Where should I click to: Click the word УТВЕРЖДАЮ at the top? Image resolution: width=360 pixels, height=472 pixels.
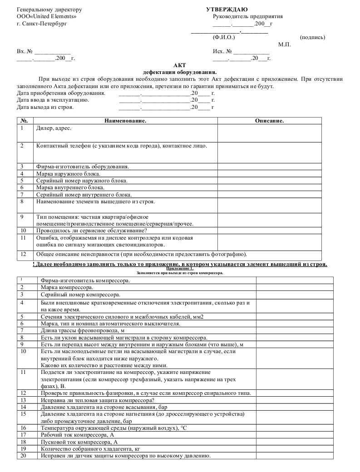pos(227,10)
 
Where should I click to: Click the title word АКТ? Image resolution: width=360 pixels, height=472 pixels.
pos(180,65)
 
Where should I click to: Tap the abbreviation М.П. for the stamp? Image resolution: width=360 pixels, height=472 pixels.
pos(284,44)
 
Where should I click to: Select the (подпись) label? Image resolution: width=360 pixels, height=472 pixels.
pos(312,37)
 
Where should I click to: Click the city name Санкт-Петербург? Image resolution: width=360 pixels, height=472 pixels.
pos(44,24)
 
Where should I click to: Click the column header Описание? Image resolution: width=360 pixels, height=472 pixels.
pos(269,121)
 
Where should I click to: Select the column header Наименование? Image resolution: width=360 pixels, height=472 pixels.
pos(125,121)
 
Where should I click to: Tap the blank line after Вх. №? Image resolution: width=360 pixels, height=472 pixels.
pos(53,51)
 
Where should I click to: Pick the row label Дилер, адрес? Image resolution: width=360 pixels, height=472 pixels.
pos(54,128)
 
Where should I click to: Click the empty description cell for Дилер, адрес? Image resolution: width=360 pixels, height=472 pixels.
pos(269,133)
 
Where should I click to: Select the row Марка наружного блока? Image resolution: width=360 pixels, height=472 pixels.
pos(68,173)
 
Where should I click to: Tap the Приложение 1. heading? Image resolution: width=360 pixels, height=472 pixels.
pos(180,269)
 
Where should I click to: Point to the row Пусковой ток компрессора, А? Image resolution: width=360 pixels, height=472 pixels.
pos(79,441)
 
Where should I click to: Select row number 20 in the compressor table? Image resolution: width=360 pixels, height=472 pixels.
pos(24,456)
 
